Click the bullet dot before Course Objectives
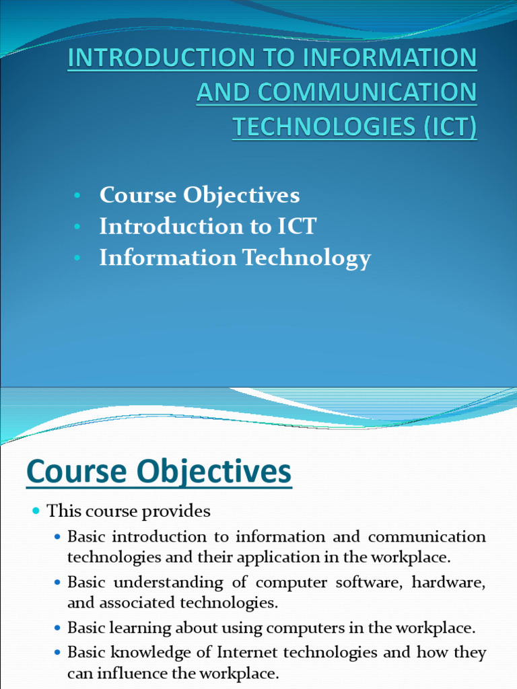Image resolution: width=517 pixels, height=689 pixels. click(78, 196)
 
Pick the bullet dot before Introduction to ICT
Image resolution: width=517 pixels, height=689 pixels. click(78, 227)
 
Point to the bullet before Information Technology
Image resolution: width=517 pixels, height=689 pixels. click(78, 258)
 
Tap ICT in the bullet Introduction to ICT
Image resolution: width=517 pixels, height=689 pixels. click(296, 227)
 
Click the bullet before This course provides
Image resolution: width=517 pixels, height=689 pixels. click(36, 512)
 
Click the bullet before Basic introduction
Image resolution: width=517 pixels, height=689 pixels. click(57, 538)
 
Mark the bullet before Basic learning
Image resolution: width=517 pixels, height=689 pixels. click(57, 629)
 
